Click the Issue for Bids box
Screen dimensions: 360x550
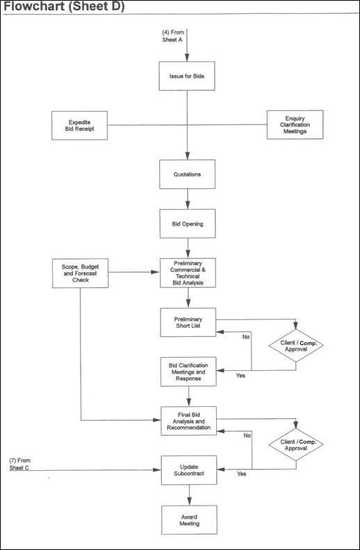[187, 76]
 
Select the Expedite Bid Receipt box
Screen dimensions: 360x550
[80, 126]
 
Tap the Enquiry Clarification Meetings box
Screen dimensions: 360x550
[295, 125]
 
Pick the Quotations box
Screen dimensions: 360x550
[188, 174]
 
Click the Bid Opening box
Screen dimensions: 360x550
[188, 224]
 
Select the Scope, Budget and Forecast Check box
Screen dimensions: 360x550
[81, 273]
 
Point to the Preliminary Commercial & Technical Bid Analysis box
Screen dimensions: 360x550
[188, 273]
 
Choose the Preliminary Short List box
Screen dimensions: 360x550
[188, 322]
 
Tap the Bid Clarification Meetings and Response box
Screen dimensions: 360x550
[188, 372]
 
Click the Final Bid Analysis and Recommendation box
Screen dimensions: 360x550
[189, 421]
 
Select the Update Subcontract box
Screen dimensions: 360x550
[189, 470]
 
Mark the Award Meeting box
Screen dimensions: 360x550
[189, 520]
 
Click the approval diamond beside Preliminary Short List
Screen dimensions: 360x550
[296, 346]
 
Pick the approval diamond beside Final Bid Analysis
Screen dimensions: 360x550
[296, 444]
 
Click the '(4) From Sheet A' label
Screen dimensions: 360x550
[173, 36]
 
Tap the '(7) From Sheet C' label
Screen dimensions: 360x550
[19, 464]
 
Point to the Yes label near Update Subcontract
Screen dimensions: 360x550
[241, 474]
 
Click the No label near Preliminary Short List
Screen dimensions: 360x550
[246, 337]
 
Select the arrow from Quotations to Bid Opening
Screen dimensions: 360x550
[188, 199]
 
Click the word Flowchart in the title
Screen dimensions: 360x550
[33, 6]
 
